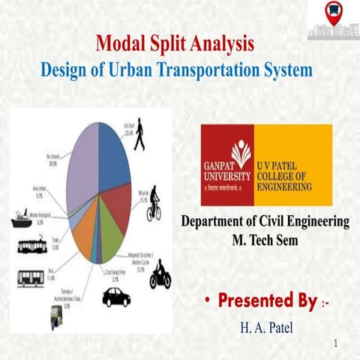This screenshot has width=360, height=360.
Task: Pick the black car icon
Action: tap(116, 296)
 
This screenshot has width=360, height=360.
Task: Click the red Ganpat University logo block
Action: tap(227, 164)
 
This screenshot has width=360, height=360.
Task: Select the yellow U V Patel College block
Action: tap(292, 164)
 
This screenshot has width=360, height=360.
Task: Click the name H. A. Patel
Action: tap(265, 328)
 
